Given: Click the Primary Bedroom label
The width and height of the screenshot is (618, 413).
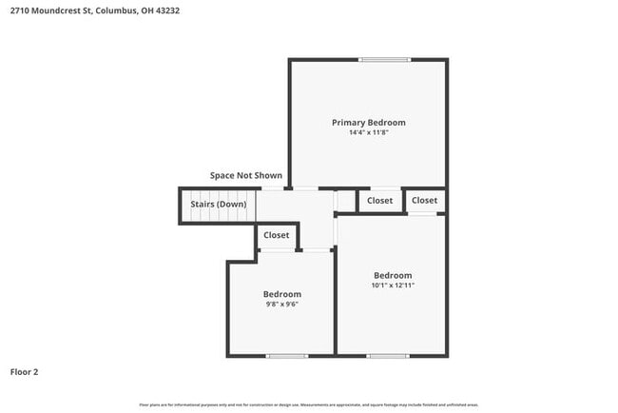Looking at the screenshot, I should pos(368,122).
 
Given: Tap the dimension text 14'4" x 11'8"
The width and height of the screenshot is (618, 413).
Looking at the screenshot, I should pos(368,133).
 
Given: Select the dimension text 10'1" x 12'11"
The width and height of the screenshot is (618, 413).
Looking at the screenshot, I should pos(392,285).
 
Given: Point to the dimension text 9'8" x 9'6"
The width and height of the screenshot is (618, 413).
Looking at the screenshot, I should pos(281,305).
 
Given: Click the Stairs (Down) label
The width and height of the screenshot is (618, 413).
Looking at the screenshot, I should pos(218,205).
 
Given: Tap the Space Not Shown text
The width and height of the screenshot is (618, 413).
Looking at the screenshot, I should pos(245,176).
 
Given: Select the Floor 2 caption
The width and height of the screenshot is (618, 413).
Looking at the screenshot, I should pos(25,372).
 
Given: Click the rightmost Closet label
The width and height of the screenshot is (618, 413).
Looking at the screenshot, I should pos(424,201).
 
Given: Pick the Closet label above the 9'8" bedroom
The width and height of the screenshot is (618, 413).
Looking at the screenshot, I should pos(277,235).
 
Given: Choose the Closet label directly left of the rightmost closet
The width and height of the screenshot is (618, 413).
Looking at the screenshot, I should pos(379,201).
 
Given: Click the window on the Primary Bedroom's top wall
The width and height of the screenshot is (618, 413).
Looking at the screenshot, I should pos(384,60).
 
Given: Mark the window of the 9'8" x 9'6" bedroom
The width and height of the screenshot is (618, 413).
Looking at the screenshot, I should pos(286,356).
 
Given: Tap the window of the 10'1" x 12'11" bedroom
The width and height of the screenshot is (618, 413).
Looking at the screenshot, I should pos(387,356).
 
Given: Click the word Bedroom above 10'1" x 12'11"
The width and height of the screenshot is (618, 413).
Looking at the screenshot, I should pos(392,275).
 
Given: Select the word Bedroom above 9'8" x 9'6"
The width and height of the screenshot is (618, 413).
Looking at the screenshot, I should pos(281,294).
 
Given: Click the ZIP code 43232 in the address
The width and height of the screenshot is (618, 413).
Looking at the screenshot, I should pos(166,10).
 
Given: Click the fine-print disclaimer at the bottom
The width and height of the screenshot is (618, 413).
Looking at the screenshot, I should pos(309,405).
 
